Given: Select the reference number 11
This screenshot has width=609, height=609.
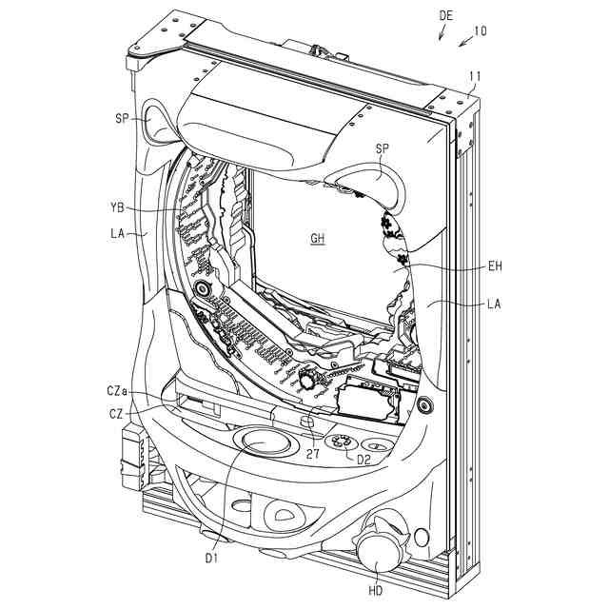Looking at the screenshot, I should (x=476, y=76).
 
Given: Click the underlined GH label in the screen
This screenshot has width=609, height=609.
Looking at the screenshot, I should (x=318, y=239).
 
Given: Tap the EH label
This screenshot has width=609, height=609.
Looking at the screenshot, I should (x=493, y=267).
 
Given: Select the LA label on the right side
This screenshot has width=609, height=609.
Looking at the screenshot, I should (x=493, y=304).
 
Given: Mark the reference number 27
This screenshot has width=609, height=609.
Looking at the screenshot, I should (x=312, y=455).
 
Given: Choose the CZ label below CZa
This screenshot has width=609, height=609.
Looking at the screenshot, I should (x=113, y=414).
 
